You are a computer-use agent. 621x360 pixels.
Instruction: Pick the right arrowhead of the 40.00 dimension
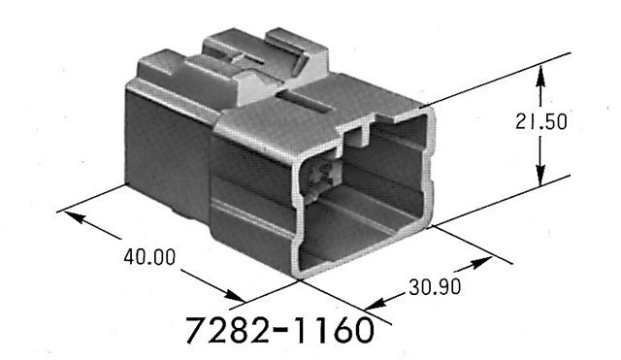tap(235, 297)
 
